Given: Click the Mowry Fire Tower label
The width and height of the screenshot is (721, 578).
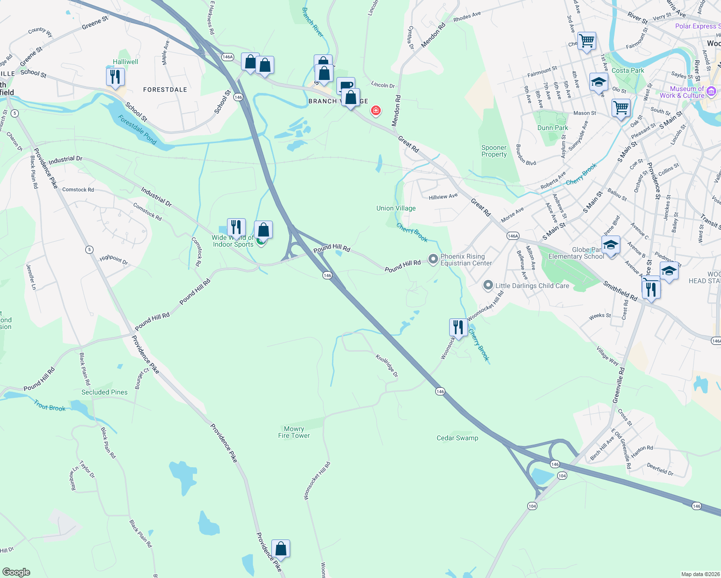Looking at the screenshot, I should point(294,432).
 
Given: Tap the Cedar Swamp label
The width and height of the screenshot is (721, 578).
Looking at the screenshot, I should point(457,438).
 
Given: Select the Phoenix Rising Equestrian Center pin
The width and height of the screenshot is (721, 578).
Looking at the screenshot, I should point(433,259).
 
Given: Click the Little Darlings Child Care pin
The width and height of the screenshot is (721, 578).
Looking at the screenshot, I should point(488,286).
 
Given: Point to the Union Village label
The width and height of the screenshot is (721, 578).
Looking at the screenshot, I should point(396,208).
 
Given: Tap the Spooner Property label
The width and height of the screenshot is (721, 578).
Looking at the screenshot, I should point(494,151).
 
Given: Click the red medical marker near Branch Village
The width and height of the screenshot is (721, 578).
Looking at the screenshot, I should point(375,111).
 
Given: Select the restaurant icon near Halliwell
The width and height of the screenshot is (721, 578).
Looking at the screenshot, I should point(115,77).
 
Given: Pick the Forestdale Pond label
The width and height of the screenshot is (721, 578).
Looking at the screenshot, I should point(137,130).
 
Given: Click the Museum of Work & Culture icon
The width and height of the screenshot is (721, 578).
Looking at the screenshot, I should point(712,91).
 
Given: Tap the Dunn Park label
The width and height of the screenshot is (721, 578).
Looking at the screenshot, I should point(553,128).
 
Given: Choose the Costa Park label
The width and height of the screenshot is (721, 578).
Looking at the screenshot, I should point(628,70).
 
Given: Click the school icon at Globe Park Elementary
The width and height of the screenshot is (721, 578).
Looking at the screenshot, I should point(611,246).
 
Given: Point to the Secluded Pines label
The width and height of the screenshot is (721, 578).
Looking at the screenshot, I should point(105,392).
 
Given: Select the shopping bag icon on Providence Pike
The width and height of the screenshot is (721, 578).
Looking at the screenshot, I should point(280,549).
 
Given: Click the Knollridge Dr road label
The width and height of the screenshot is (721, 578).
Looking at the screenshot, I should point(387,366).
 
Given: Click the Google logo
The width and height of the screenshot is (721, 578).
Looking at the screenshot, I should point(16,572).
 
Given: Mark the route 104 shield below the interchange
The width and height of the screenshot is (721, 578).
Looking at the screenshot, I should point(532,506).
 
